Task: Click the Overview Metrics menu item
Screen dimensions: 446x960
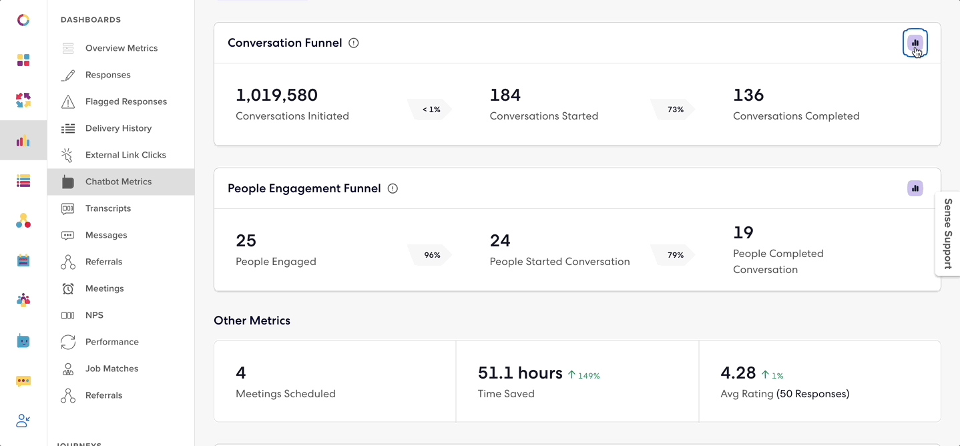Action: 121,48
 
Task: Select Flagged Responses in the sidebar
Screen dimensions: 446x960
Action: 126,101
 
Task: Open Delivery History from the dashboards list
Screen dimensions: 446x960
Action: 118,128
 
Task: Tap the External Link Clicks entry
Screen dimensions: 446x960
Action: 126,155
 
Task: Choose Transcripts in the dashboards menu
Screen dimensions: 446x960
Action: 107,208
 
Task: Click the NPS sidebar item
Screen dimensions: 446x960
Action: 94,315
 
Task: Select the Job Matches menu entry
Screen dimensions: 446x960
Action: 111,369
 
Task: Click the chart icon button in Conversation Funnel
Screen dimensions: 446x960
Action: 915,43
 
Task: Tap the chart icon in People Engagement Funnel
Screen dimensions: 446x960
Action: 915,188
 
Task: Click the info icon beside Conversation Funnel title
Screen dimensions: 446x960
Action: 354,43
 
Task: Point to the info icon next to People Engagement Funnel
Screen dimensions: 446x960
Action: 393,188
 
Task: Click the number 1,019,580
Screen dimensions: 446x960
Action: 276,95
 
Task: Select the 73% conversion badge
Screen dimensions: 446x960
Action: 675,109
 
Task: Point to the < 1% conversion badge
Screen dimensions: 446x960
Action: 431,109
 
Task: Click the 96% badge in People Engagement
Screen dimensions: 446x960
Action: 431,255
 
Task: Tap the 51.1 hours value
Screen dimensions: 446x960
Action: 520,373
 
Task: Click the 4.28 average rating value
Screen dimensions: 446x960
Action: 738,373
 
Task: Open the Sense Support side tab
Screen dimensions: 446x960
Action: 948,233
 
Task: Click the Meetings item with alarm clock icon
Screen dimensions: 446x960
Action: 104,288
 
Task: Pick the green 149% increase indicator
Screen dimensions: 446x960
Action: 584,375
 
